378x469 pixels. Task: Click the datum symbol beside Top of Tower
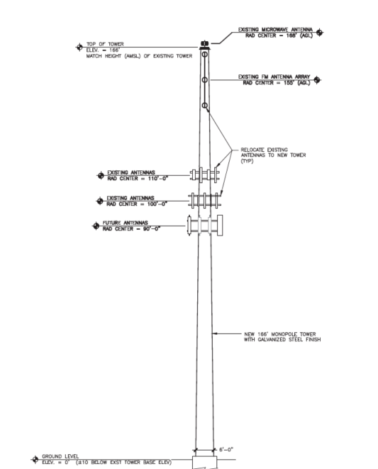point(79,48)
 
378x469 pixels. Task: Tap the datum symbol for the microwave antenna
point(319,32)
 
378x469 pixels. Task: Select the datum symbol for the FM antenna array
point(317,80)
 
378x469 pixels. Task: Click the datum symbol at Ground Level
point(35,459)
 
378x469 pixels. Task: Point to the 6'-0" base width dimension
point(226,450)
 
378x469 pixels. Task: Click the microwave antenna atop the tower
point(204,44)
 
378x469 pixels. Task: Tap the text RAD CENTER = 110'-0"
point(138,179)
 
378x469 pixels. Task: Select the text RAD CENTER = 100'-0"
point(137,204)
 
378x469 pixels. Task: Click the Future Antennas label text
point(125,223)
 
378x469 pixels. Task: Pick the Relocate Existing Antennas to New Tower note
point(273,155)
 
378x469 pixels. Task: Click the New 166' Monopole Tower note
point(282,337)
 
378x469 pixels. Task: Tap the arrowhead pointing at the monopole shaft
point(214,333)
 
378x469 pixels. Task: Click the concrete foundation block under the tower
point(204,463)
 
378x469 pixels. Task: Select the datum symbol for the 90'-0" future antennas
point(96,226)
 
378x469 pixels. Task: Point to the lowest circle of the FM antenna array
point(204,105)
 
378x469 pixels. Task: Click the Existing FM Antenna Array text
point(274,77)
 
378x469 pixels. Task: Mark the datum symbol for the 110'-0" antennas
point(101,175)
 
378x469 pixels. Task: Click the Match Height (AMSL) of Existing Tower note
point(139,56)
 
